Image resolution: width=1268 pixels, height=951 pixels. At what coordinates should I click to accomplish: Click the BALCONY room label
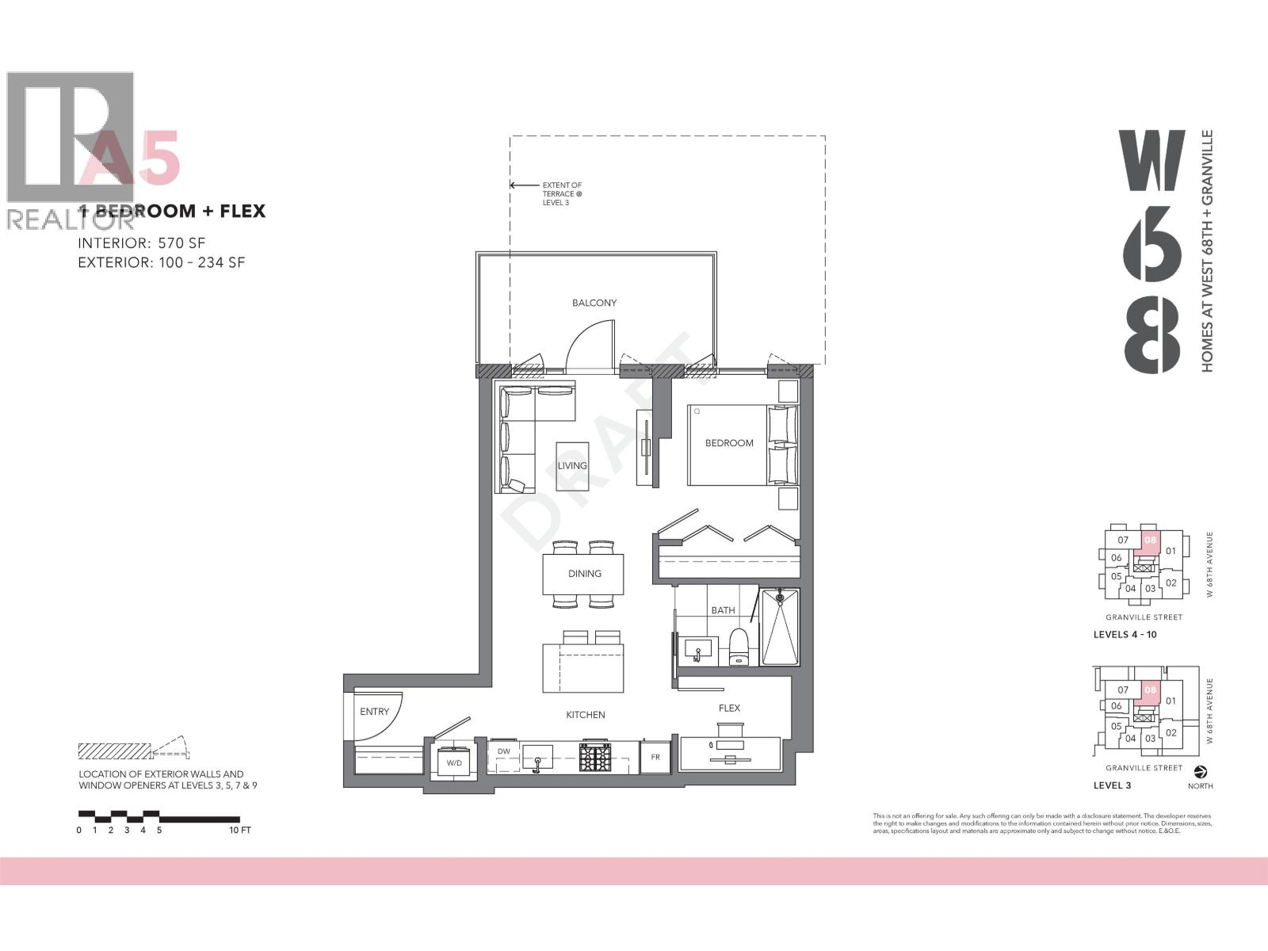(x=594, y=303)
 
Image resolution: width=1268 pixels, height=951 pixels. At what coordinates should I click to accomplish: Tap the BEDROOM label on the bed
(x=729, y=443)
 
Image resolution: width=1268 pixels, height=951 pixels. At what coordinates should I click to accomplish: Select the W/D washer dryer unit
(x=454, y=762)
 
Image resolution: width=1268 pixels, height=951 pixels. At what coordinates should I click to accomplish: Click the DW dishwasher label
(x=503, y=751)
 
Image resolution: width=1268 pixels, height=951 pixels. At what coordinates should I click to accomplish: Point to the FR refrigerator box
(x=655, y=757)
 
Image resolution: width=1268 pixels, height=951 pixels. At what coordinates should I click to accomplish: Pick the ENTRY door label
(x=374, y=712)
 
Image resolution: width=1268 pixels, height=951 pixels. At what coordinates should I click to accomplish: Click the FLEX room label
(x=729, y=708)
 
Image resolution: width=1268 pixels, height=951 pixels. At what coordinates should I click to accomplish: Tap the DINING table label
(x=584, y=574)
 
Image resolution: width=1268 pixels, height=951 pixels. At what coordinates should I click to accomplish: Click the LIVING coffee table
(x=572, y=465)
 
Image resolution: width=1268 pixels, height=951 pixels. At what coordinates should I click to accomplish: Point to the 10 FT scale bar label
(x=239, y=830)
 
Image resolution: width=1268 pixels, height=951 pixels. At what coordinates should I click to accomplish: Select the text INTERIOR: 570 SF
(x=142, y=243)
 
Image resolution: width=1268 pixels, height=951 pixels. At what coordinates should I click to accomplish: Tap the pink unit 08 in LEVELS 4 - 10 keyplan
(x=1151, y=540)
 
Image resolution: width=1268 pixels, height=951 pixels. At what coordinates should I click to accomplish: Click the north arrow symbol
(x=1199, y=770)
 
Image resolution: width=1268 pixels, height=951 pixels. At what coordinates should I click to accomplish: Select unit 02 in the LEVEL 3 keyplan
(x=1171, y=732)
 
